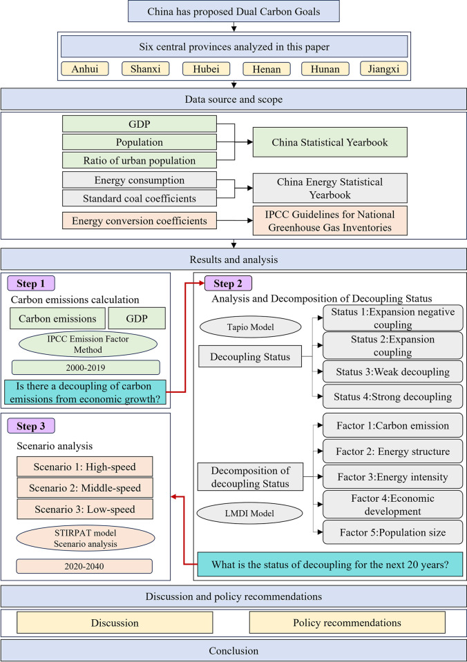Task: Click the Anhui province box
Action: point(85,69)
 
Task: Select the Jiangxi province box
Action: point(383,69)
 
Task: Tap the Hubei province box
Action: point(207,69)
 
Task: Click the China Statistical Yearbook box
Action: point(330,142)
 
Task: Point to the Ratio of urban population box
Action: point(140,160)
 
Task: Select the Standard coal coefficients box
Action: point(140,198)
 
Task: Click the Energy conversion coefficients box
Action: point(140,221)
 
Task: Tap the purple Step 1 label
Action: point(31,284)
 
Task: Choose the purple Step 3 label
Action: point(31,426)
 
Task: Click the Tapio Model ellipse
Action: point(251,327)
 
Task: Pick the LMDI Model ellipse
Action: point(250,514)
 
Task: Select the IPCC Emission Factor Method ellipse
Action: point(88,344)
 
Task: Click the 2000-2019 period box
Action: point(86,368)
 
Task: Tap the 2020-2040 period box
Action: point(84,566)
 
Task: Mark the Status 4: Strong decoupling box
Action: point(392,396)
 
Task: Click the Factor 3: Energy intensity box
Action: point(392,477)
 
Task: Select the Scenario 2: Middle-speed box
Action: point(85,488)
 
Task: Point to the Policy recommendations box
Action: point(347,623)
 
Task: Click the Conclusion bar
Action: point(233,650)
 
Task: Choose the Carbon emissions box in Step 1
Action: point(57,318)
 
